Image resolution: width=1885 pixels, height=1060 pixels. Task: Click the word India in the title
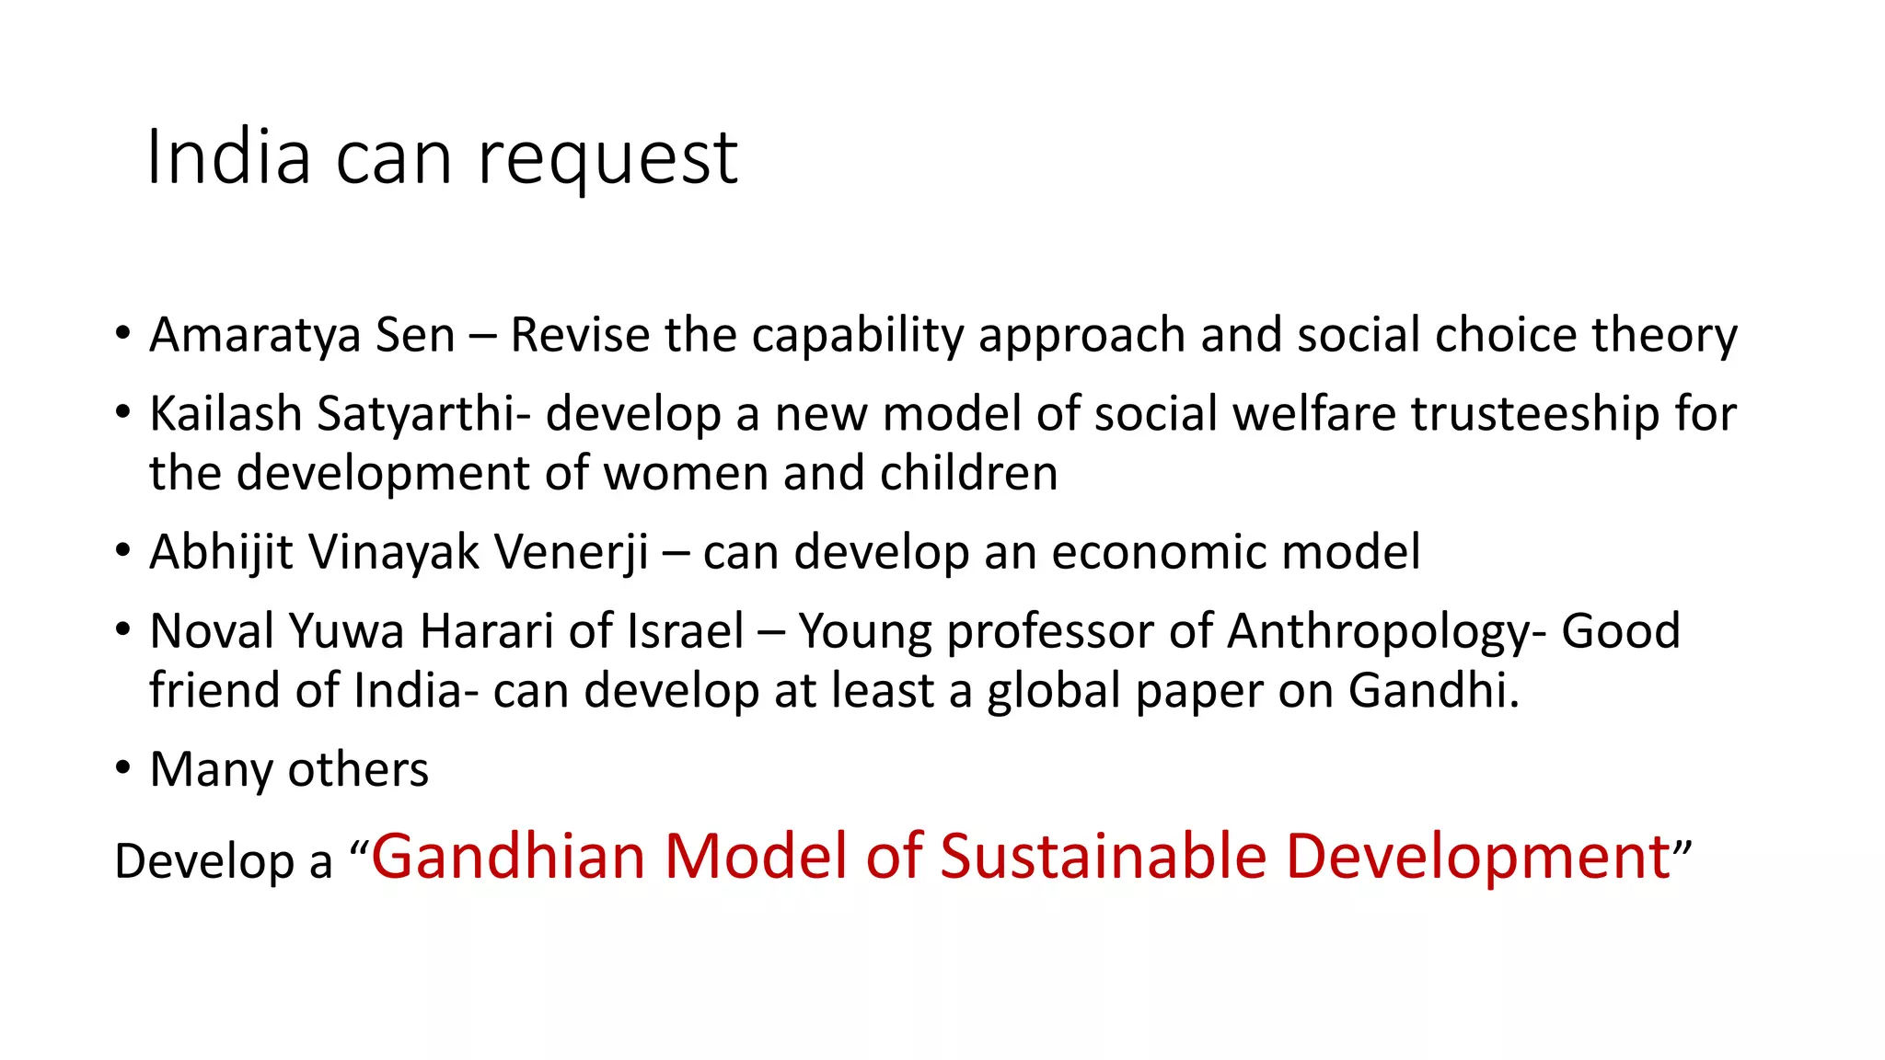coord(228,157)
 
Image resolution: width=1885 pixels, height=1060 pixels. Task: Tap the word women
coord(686,474)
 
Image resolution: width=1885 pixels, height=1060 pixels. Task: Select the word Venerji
coord(571,553)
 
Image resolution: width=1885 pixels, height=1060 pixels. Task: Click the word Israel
coord(685,632)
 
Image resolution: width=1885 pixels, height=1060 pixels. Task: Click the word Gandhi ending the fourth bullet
coord(1432,691)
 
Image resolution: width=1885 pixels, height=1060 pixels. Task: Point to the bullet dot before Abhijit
coord(123,551)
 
